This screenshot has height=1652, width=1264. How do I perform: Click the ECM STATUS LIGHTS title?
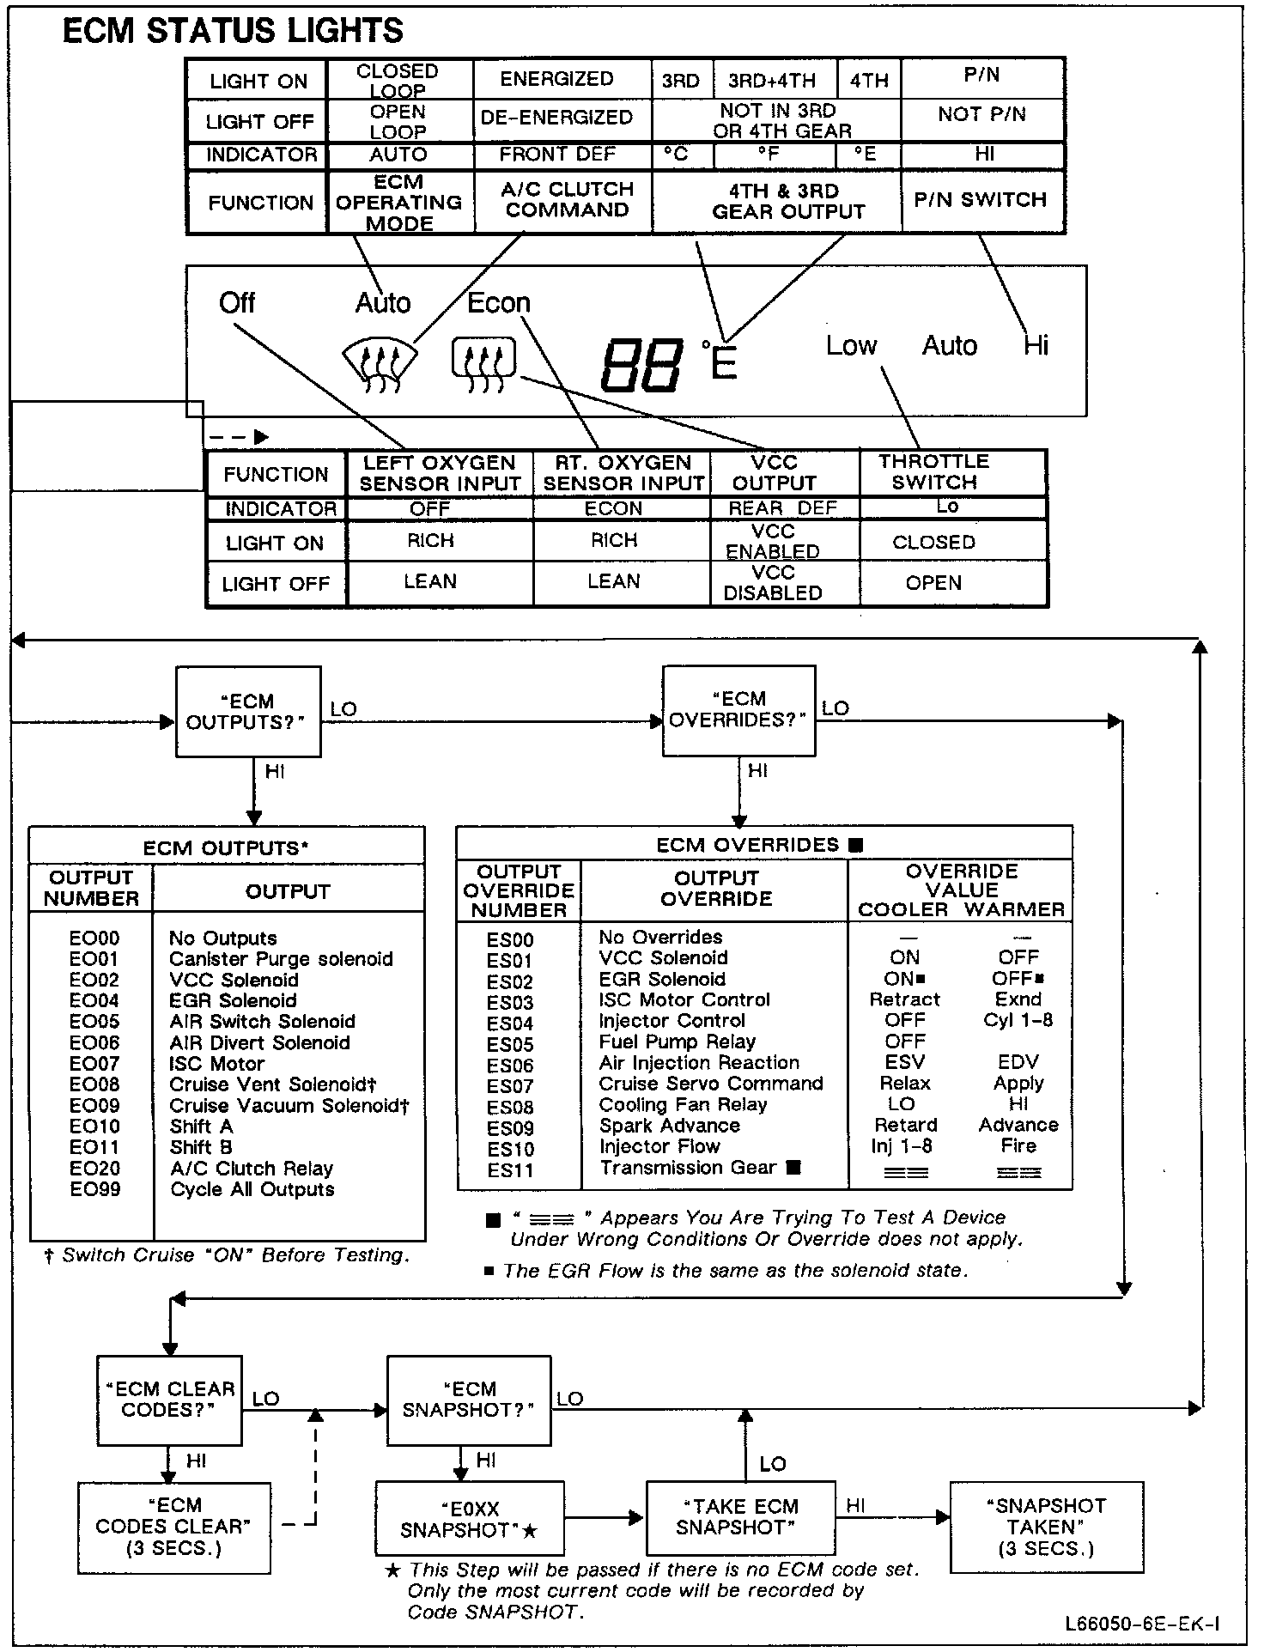[233, 31]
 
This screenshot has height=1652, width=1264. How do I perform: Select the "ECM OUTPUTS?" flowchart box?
[248, 712]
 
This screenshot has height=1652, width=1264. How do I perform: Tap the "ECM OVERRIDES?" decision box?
[738, 710]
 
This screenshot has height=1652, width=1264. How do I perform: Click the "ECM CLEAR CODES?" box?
[169, 1400]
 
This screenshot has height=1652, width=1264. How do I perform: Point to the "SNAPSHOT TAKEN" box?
[1046, 1527]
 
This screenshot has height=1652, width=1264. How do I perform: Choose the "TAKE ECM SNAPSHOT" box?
[740, 1517]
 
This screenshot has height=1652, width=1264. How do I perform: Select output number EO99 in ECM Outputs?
[94, 1189]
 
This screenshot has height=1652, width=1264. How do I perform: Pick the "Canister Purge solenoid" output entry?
[281, 959]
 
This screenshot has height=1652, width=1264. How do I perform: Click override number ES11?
[510, 1170]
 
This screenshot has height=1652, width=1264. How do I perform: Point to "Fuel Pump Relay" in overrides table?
[677, 1042]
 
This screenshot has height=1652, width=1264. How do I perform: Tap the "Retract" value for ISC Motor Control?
[904, 999]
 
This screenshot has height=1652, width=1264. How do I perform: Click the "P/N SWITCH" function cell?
[981, 200]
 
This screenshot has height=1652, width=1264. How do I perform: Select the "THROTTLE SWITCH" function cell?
[934, 472]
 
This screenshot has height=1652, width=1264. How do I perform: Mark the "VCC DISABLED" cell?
[773, 583]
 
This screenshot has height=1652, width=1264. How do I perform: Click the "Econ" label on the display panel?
[499, 303]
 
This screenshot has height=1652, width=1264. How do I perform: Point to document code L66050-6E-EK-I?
[1142, 1624]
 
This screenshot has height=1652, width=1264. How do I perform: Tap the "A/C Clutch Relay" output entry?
[252, 1169]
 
